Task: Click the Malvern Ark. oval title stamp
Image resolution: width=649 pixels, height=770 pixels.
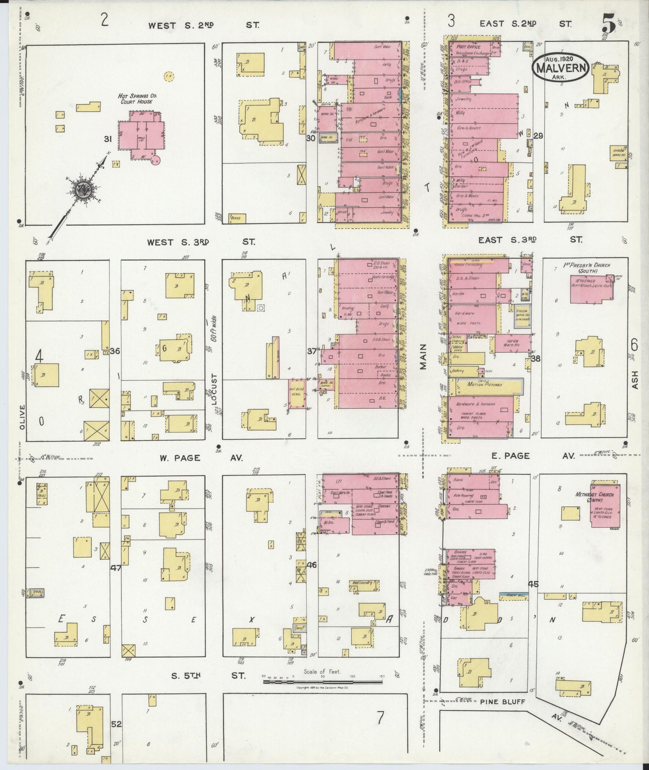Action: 561,68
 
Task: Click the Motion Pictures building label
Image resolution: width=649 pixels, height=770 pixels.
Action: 484,385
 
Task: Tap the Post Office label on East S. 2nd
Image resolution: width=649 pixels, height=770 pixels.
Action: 468,47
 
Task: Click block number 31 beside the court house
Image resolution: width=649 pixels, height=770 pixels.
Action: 108,139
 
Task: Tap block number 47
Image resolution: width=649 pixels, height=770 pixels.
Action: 115,568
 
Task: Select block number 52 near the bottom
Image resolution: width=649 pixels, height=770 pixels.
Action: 116,724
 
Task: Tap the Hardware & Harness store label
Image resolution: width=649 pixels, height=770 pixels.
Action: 476,404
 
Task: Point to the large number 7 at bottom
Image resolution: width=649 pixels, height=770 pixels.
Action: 380,719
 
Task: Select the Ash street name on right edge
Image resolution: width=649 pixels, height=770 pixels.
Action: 635,383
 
